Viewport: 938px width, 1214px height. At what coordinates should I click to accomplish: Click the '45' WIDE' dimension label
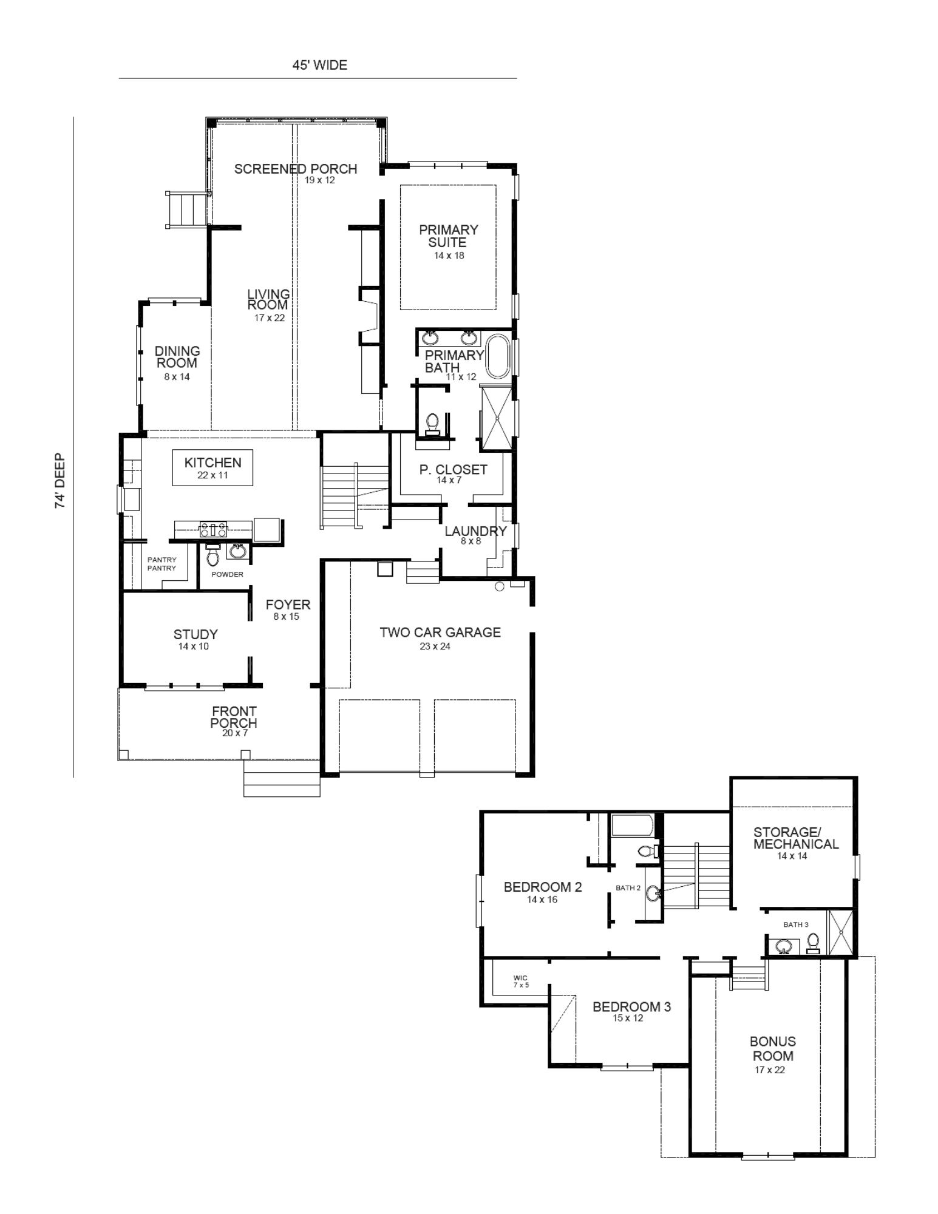point(319,66)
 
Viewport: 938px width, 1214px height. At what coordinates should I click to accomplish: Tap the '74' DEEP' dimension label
point(60,481)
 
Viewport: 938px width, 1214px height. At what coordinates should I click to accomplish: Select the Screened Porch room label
point(296,169)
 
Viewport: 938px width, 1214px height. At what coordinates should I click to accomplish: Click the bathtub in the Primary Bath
point(497,356)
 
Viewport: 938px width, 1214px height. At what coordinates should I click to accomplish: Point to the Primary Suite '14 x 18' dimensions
point(449,256)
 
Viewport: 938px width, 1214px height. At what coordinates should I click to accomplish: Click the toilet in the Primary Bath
point(433,423)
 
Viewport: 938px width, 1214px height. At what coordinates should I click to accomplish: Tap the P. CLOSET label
point(454,469)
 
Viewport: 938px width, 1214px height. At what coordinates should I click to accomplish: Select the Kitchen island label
point(213,463)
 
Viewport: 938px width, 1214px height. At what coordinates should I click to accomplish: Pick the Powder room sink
point(236,552)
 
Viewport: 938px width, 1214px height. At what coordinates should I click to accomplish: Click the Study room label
point(195,634)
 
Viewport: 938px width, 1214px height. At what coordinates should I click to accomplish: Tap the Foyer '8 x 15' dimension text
point(287,617)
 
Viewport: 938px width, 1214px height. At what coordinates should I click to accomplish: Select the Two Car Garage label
point(440,632)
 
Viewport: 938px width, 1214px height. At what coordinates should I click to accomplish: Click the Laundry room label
point(475,532)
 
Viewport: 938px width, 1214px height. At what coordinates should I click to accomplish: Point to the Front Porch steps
point(282,778)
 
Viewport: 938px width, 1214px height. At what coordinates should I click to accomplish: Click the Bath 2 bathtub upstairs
point(632,825)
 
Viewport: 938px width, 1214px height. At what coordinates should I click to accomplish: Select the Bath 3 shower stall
point(840,932)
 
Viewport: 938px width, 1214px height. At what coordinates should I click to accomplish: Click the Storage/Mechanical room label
point(796,838)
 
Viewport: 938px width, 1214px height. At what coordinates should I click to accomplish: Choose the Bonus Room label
point(773,1048)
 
